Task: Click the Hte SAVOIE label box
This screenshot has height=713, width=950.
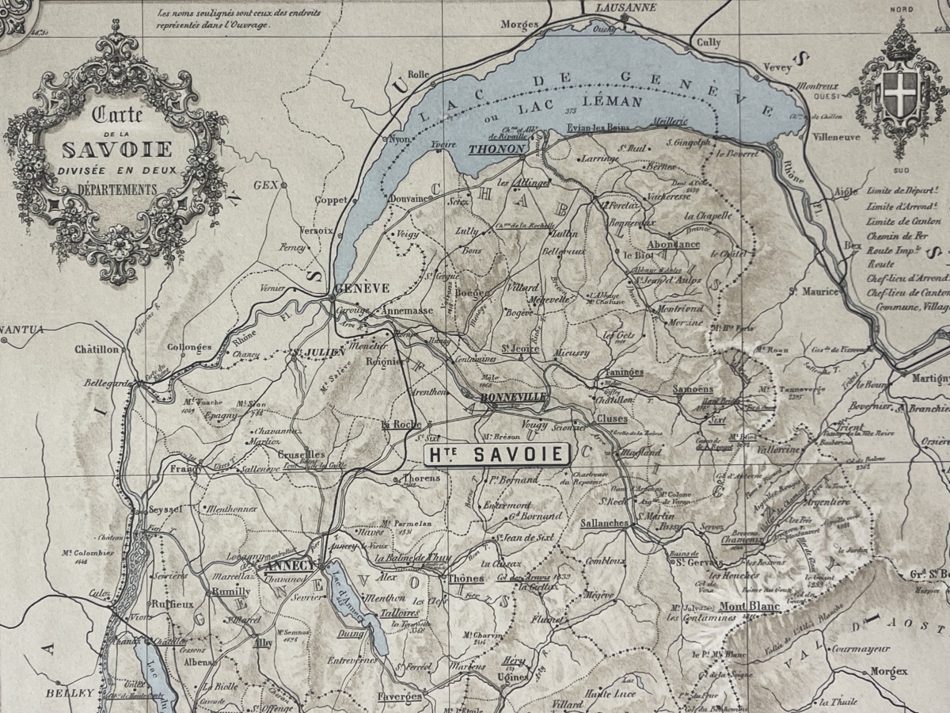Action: (498, 454)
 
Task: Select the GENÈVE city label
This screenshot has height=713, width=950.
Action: (362, 288)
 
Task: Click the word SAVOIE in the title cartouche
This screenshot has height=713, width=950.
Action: (117, 149)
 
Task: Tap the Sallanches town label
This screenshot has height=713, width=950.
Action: (604, 524)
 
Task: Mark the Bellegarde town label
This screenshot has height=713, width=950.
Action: (108, 383)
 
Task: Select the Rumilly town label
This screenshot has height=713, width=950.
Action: (230, 592)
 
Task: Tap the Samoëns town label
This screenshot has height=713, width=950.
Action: (693, 389)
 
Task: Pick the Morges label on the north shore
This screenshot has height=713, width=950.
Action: (519, 25)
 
